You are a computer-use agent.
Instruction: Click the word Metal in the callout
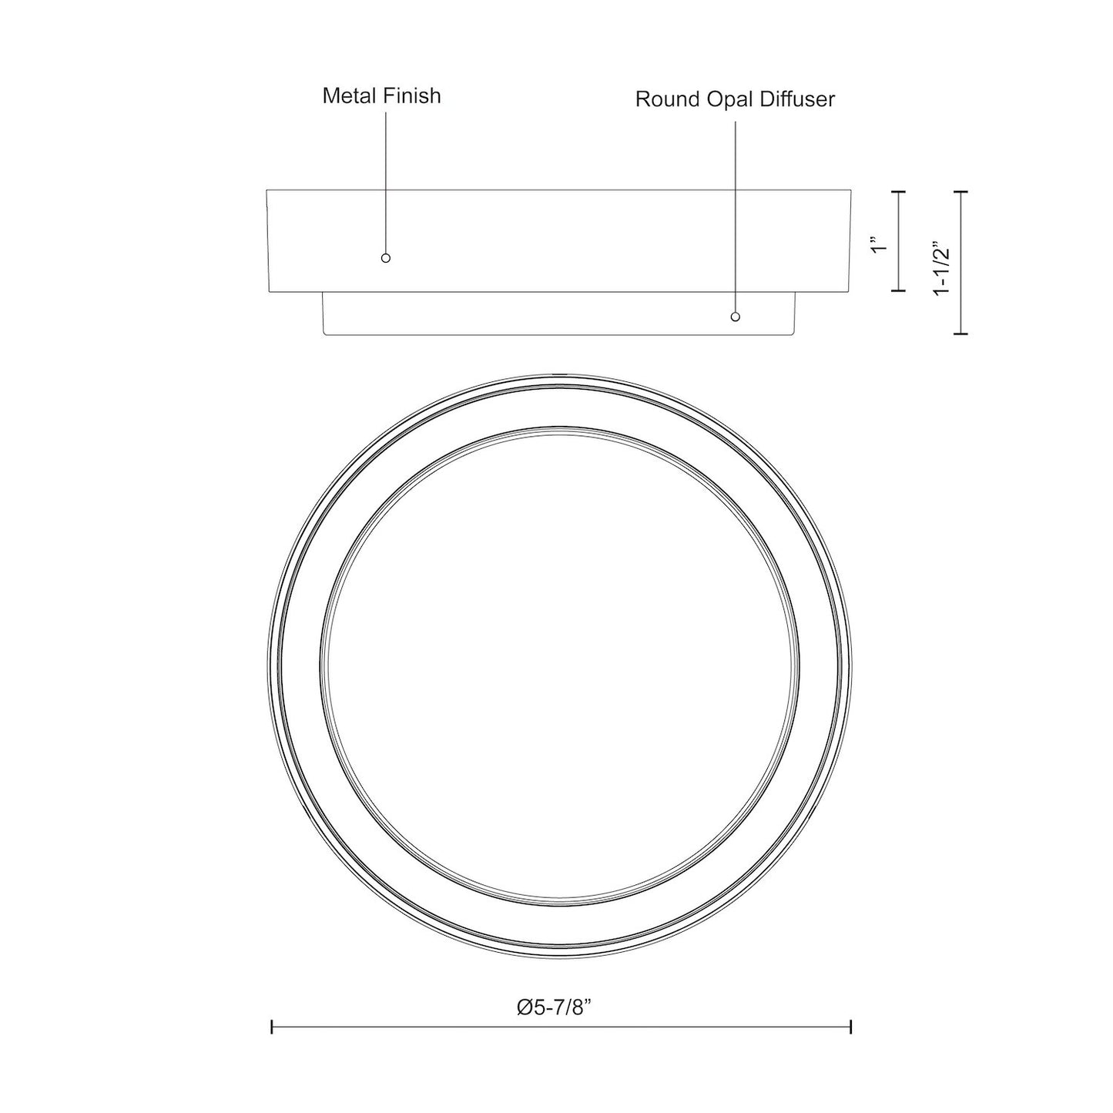click(349, 96)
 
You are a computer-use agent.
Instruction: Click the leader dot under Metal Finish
click(386, 258)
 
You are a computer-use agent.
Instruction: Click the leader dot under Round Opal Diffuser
click(736, 317)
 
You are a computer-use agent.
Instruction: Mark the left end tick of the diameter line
click(272, 1027)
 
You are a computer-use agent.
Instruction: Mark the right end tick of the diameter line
click(850, 1027)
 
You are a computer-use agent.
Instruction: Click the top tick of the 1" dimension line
click(898, 191)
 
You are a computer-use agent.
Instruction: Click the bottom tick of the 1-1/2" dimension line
click(960, 334)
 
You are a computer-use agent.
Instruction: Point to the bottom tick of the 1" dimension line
click(898, 290)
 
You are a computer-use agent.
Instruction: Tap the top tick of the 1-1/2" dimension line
click(960, 191)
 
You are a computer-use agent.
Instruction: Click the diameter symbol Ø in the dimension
click(525, 1007)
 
